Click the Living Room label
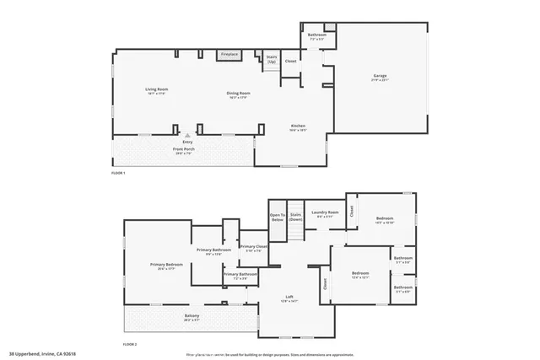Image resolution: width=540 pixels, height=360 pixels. (157, 90)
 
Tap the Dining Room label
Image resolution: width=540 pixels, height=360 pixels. (238, 94)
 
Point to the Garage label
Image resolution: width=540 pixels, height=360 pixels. (381, 78)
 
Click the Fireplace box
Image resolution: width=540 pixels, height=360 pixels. (229, 55)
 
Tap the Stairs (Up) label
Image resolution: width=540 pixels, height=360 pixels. (272, 59)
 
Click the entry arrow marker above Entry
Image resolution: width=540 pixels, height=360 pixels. (187, 134)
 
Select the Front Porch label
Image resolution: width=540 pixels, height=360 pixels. (185, 150)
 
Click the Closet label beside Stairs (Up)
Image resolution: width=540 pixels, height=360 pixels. (291, 61)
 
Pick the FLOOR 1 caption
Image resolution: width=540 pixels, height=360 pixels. (118, 173)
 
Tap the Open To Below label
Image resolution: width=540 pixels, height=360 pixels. (277, 216)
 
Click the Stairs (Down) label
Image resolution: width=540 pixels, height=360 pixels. (296, 216)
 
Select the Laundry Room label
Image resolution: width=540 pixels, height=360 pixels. (325, 213)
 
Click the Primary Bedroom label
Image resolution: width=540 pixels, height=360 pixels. (167, 266)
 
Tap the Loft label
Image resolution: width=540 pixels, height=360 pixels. (289, 298)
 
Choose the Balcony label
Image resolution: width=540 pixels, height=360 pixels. (192, 317)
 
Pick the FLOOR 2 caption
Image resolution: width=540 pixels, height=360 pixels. (130, 345)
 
